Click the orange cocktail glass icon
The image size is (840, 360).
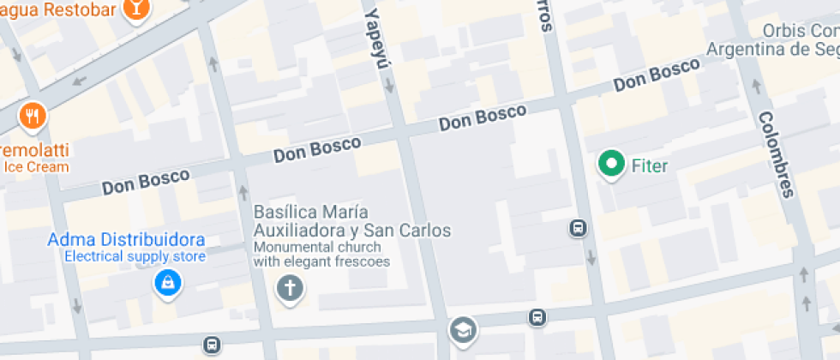coord(135,9)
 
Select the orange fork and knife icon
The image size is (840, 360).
coord(33,116)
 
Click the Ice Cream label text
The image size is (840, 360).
coord(36,167)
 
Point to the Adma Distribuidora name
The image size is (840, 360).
coord(126,238)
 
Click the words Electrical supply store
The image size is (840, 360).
coord(135,255)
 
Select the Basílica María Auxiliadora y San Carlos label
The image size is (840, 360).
coord(351,221)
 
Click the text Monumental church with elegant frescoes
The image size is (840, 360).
coord(321,255)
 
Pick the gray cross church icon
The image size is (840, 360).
coord(290,288)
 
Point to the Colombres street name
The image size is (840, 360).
coord(774,154)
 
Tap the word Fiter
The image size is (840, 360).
coord(649,165)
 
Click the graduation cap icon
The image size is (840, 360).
coord(463,329)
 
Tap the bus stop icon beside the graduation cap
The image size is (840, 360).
coord(537,317)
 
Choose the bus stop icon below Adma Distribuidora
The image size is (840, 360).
coord(211,345)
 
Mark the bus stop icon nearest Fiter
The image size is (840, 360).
coord(578,228)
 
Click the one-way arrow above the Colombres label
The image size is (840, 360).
coord(756,86)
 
